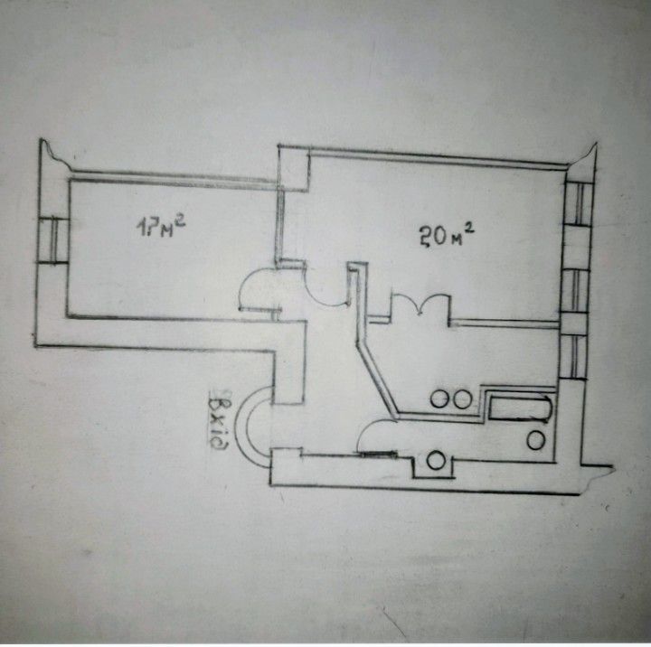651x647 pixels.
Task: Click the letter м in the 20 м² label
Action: click(x=457, y=239)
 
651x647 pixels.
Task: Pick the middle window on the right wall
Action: click(x=575, y=290)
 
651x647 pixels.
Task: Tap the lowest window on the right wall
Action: click(x=574, y=357)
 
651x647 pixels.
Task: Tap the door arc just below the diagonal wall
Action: click(x=376, y=436)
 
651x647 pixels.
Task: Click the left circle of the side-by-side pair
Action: click(x=439, y=399)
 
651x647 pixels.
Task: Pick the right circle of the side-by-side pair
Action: click(x=462, y=399)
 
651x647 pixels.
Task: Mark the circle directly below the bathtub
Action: click(x=535, y=440)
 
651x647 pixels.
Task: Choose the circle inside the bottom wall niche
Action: click(x=436, y=461)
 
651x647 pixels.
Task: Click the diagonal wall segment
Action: click(x=377, y=379)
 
